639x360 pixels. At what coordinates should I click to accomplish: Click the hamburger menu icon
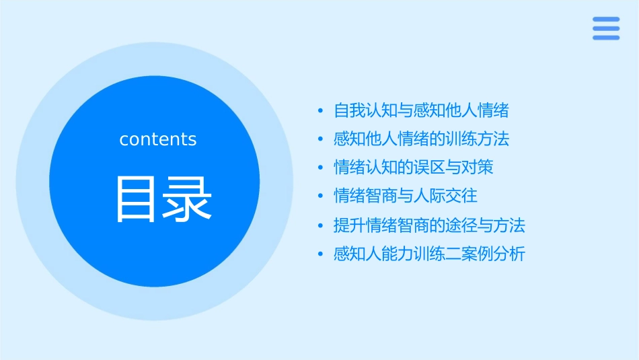(605, 28)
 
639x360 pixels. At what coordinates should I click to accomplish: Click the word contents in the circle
(158, 139)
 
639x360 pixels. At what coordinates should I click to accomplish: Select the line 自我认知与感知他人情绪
(421, 110)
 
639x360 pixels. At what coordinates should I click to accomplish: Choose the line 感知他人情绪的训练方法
(421, 139)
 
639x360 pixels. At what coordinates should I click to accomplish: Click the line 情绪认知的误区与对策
(414, 168)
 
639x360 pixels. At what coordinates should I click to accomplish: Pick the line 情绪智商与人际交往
(406, 196)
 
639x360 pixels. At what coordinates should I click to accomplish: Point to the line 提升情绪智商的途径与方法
(429, 225)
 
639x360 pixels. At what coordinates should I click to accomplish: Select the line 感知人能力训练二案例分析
(429, 254)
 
